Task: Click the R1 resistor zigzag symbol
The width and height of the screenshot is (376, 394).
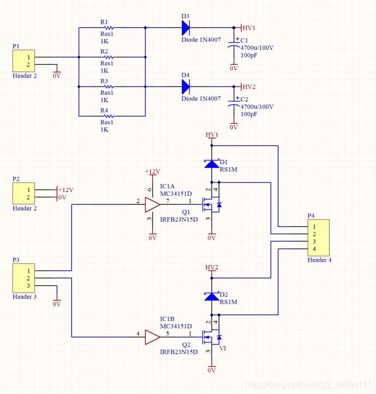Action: pos(109,28)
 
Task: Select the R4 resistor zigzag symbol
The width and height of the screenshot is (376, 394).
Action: pos(109,116)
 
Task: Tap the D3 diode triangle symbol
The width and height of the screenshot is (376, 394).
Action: pos(186,28)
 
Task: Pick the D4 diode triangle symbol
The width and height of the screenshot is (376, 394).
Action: pos(186,87)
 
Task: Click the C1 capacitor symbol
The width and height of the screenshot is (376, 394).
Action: pos(234,44)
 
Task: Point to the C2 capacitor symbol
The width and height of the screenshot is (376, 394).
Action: pos(234,104)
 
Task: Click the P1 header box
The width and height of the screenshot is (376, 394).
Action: pos(23,61)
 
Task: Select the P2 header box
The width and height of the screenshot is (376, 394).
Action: pos(23,193)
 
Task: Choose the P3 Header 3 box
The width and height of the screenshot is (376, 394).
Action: pos(23,278)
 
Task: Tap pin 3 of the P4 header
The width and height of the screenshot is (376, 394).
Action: pos(314,241)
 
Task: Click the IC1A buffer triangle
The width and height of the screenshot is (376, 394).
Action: pos(152,204)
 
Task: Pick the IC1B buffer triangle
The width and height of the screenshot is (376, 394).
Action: pos(152,337)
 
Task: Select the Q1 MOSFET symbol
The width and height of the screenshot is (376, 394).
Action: pos(212,204)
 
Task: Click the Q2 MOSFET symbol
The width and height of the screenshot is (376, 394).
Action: pos(212,337)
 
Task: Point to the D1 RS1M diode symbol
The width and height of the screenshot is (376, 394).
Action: pos(212,164)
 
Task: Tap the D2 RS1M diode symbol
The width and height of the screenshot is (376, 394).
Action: pos(212,296)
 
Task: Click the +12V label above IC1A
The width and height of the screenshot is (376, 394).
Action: pos(152,171)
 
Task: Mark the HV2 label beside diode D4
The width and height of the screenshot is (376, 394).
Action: pos(249,87)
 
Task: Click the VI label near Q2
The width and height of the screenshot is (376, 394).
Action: pos(223,348)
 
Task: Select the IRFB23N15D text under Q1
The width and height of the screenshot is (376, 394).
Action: pos(179,219)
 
